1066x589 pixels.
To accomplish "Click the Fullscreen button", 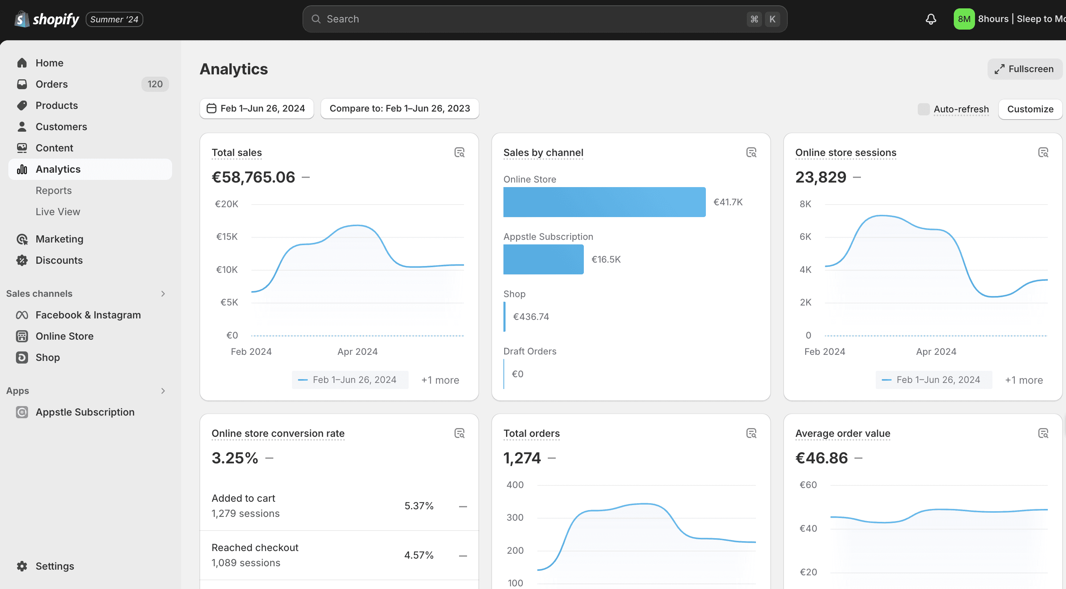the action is (1024, 69).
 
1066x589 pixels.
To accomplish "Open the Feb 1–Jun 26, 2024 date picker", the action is (257, 109).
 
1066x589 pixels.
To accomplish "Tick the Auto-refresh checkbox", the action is (923, 109).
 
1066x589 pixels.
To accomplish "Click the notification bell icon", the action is (931, 19).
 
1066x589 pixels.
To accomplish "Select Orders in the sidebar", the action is (51, 84).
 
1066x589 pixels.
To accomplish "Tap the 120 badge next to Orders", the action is (155, 84).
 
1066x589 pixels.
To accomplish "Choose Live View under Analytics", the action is (58, 212).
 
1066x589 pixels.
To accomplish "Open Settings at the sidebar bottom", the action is (55, 566).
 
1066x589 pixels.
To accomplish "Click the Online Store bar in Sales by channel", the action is (604, 202).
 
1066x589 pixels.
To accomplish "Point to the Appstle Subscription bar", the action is (543, 259).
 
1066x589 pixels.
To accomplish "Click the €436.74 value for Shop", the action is (531, 317).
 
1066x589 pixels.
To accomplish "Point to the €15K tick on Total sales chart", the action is (227, 236).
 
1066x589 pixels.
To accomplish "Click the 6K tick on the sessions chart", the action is (805, 236).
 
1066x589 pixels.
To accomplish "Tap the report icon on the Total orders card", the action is (751, 433).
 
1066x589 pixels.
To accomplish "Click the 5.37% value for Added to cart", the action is (419, 506).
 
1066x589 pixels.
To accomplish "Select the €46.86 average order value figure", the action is (821, 458).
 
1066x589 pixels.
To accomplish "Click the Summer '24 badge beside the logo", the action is (114, 19).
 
